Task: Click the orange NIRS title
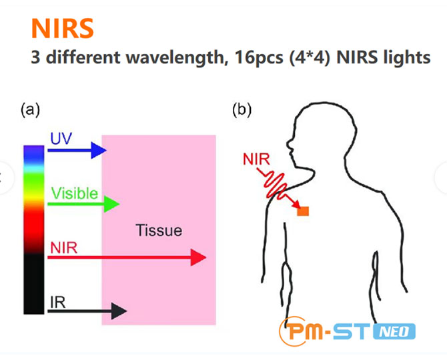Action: (63, 28)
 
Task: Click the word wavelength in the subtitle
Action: (175, 57)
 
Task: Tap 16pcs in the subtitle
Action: (259, 58)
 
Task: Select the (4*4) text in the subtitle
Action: (310, 58)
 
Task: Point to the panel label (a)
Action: (30, 109)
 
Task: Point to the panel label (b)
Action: (242, 109)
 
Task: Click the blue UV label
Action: (61, 139)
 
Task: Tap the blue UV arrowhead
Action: (98, 150)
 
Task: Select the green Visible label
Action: (75, 193)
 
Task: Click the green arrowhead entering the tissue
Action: (111, 204)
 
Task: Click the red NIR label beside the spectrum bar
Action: (63, 248)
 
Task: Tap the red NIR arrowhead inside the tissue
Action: (198, 257)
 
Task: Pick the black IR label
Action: (57, 303)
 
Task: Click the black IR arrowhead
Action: (119, 311)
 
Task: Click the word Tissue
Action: (159, 230)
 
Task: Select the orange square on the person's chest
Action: (303, 211)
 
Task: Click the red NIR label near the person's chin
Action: (256, 159)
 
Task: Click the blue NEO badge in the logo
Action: (394, 331)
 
